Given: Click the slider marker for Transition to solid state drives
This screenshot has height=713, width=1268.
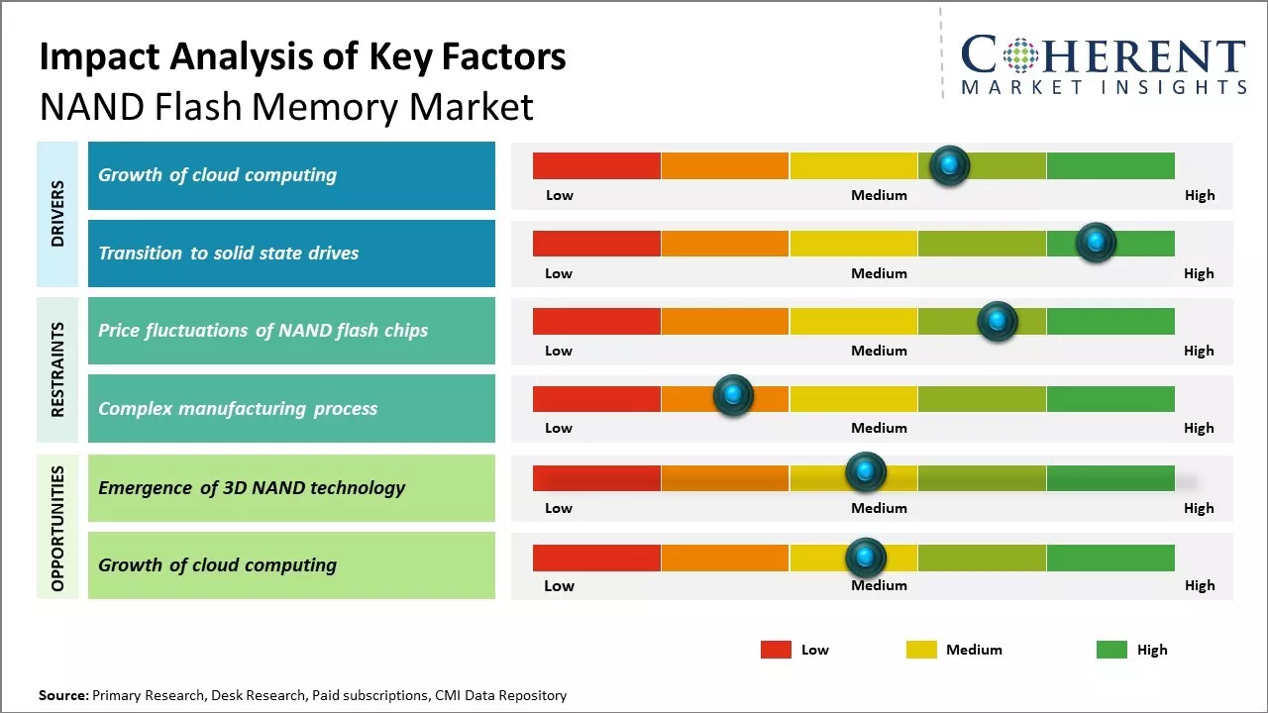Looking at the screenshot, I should click(1096, 243).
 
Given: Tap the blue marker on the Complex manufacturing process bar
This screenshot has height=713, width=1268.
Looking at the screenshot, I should click(733, 396).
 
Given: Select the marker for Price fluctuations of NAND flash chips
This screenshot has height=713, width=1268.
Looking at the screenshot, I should click(998, 321).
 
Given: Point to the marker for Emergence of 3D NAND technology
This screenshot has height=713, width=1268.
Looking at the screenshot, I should click(865, 472).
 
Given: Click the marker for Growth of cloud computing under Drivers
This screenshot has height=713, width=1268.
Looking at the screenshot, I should click(950, 165).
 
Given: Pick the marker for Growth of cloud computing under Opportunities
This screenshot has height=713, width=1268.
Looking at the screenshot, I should click(865, 559).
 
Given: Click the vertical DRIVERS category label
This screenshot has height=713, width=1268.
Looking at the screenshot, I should click(57, 214).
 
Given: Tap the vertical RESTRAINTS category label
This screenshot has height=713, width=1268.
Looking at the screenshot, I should click(57, 369).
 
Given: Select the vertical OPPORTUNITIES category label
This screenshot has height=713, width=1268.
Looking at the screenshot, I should click(57, 527).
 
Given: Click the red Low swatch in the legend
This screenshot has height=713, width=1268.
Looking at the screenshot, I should click(776, 650).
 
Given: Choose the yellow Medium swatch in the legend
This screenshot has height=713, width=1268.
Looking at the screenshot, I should click(921, 650).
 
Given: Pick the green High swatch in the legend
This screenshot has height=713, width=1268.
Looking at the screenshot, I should click(1111, 650).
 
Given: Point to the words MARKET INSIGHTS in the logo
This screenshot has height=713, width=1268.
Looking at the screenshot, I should click(1104, 87).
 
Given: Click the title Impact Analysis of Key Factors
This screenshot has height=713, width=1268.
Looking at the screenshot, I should click(302, 57).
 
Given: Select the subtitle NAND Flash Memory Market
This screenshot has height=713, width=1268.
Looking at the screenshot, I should click(286, 106).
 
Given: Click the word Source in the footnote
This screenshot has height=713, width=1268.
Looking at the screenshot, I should click(63, 695).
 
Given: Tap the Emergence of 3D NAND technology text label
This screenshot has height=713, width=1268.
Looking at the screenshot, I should click(252, 487).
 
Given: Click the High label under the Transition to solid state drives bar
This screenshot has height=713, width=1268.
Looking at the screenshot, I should click(1199, 273).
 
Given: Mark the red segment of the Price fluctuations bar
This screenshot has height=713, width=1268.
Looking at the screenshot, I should click(596, 321).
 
